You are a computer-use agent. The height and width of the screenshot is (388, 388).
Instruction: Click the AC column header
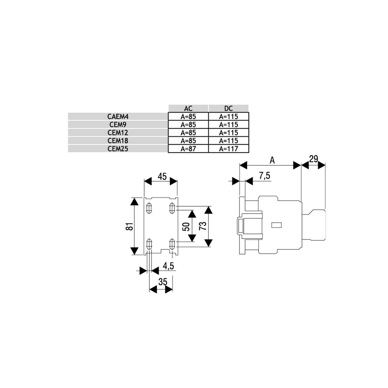pos(188,108)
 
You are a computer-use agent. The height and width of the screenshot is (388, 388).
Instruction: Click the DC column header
pos(229,108)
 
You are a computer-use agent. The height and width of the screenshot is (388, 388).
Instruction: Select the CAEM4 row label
pos(118,116)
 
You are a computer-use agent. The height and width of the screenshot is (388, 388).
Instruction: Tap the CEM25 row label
pos(118,149)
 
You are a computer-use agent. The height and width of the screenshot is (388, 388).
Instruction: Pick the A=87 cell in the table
pos(188,149)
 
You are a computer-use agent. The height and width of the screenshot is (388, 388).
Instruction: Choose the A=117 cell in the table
pos(229,149)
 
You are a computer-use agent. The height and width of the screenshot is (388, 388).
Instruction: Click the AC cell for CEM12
pos(188,133)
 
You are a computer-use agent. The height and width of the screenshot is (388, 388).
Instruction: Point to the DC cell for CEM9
pos(229,125)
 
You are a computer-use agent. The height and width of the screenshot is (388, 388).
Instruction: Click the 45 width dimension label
pos(162,176)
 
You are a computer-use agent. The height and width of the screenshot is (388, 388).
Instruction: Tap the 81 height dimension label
pos(130,226)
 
